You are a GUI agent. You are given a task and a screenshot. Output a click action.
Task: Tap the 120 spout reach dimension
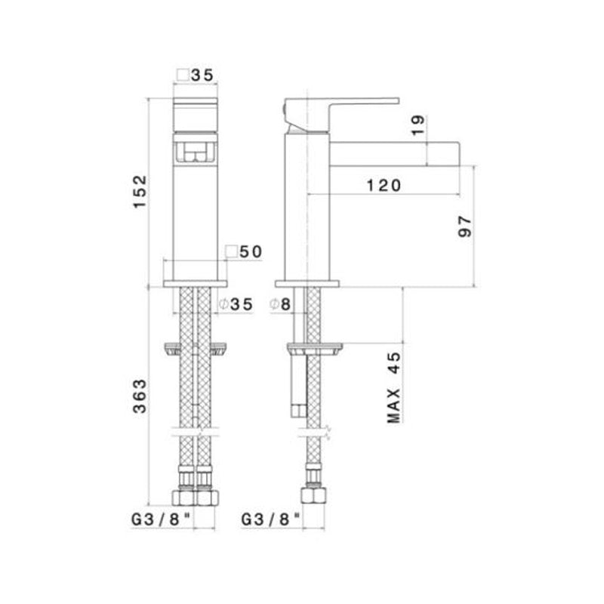tap(380, 184)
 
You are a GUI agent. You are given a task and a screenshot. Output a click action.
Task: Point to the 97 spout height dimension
tap(464, 226)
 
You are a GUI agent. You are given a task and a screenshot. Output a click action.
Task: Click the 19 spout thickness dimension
tap(420, 125)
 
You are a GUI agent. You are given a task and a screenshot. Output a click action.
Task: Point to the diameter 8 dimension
tap(281, 304)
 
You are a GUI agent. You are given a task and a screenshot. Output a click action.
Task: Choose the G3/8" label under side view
tap(272, 519)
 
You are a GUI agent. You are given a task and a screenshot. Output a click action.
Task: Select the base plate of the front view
tap(194, 284)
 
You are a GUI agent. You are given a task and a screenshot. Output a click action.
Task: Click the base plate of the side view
tap(307, 284)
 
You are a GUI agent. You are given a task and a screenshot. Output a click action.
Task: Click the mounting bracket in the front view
tap(194, 349)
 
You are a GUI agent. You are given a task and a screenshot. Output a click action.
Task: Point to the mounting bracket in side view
tap(313, 349)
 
